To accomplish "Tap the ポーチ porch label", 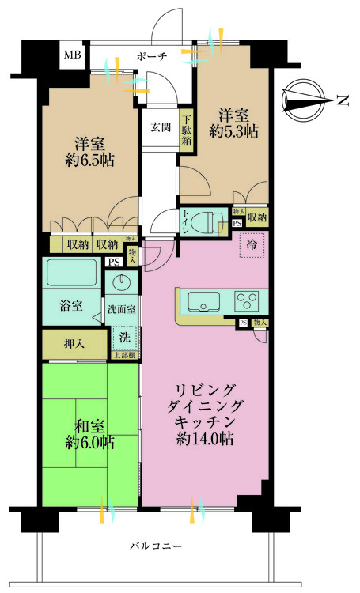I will pos(152,57).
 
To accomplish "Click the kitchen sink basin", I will pos(201,301).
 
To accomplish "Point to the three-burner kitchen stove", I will pos(248,301).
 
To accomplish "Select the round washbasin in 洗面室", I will pos(122,282).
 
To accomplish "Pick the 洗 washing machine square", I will pos(124,336).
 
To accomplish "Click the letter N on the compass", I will pos(342,100).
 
